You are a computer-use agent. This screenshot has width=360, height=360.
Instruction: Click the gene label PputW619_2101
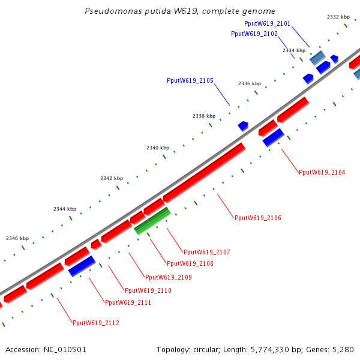tap(268, 23)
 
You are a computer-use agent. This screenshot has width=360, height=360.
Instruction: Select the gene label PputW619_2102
tap(254, 34)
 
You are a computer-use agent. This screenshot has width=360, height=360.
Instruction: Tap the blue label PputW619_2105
tap(190, 80)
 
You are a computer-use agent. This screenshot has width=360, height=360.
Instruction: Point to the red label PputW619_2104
tap(322, 172)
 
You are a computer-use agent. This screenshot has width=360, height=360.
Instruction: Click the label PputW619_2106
tap(258, 218)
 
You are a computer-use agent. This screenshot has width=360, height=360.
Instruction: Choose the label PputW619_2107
tap(207, 252)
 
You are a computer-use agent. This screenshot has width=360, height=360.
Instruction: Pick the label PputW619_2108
tap(190, 263)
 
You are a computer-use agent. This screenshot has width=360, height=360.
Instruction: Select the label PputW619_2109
tap(169, 277)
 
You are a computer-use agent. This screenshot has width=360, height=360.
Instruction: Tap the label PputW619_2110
tap(148, 290)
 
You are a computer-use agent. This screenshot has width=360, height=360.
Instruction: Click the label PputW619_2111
tap(128, 302)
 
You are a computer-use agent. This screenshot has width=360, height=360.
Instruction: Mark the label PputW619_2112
tap(96, 323)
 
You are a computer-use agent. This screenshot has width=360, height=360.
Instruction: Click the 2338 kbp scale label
tap(204, 116)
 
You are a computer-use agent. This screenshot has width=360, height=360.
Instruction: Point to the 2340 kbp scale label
tap(158, 148)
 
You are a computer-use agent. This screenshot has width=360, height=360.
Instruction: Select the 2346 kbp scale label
tap(17, 238)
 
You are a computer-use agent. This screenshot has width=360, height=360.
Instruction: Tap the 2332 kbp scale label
tap(338, 17)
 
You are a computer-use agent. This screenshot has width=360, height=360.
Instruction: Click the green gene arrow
tap(152, 220)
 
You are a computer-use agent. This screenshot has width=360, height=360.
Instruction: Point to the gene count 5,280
tap(343, 349)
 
